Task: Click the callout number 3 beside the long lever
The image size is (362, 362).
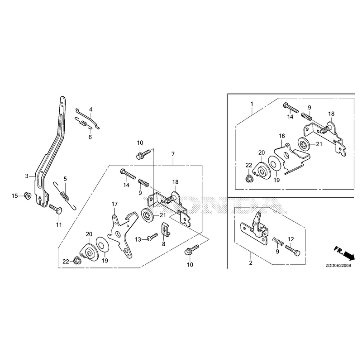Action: click(27, 176)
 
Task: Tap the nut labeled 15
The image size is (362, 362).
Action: click(28, 196)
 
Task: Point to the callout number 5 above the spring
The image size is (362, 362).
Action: click(65, 179)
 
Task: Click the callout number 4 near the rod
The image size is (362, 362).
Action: click(91, 110)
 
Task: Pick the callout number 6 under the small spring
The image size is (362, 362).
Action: click(90, 137)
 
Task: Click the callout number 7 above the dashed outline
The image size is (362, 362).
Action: click(173, 154)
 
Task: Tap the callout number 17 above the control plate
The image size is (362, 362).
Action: click(115, 204)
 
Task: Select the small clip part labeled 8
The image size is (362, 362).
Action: click(166, 229)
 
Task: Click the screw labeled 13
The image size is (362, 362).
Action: click(152, 237)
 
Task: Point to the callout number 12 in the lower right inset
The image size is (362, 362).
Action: click(291, 239)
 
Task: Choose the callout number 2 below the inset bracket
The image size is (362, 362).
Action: click(251, 263)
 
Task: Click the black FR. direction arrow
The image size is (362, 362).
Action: click(348, 256)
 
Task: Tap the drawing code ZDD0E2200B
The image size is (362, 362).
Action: click(338, 266)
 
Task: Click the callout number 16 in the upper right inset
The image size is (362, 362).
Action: click(281, 136)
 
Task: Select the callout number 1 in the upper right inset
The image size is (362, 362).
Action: click(252, 104)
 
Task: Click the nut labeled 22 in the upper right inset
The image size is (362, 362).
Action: click(249, 178)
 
